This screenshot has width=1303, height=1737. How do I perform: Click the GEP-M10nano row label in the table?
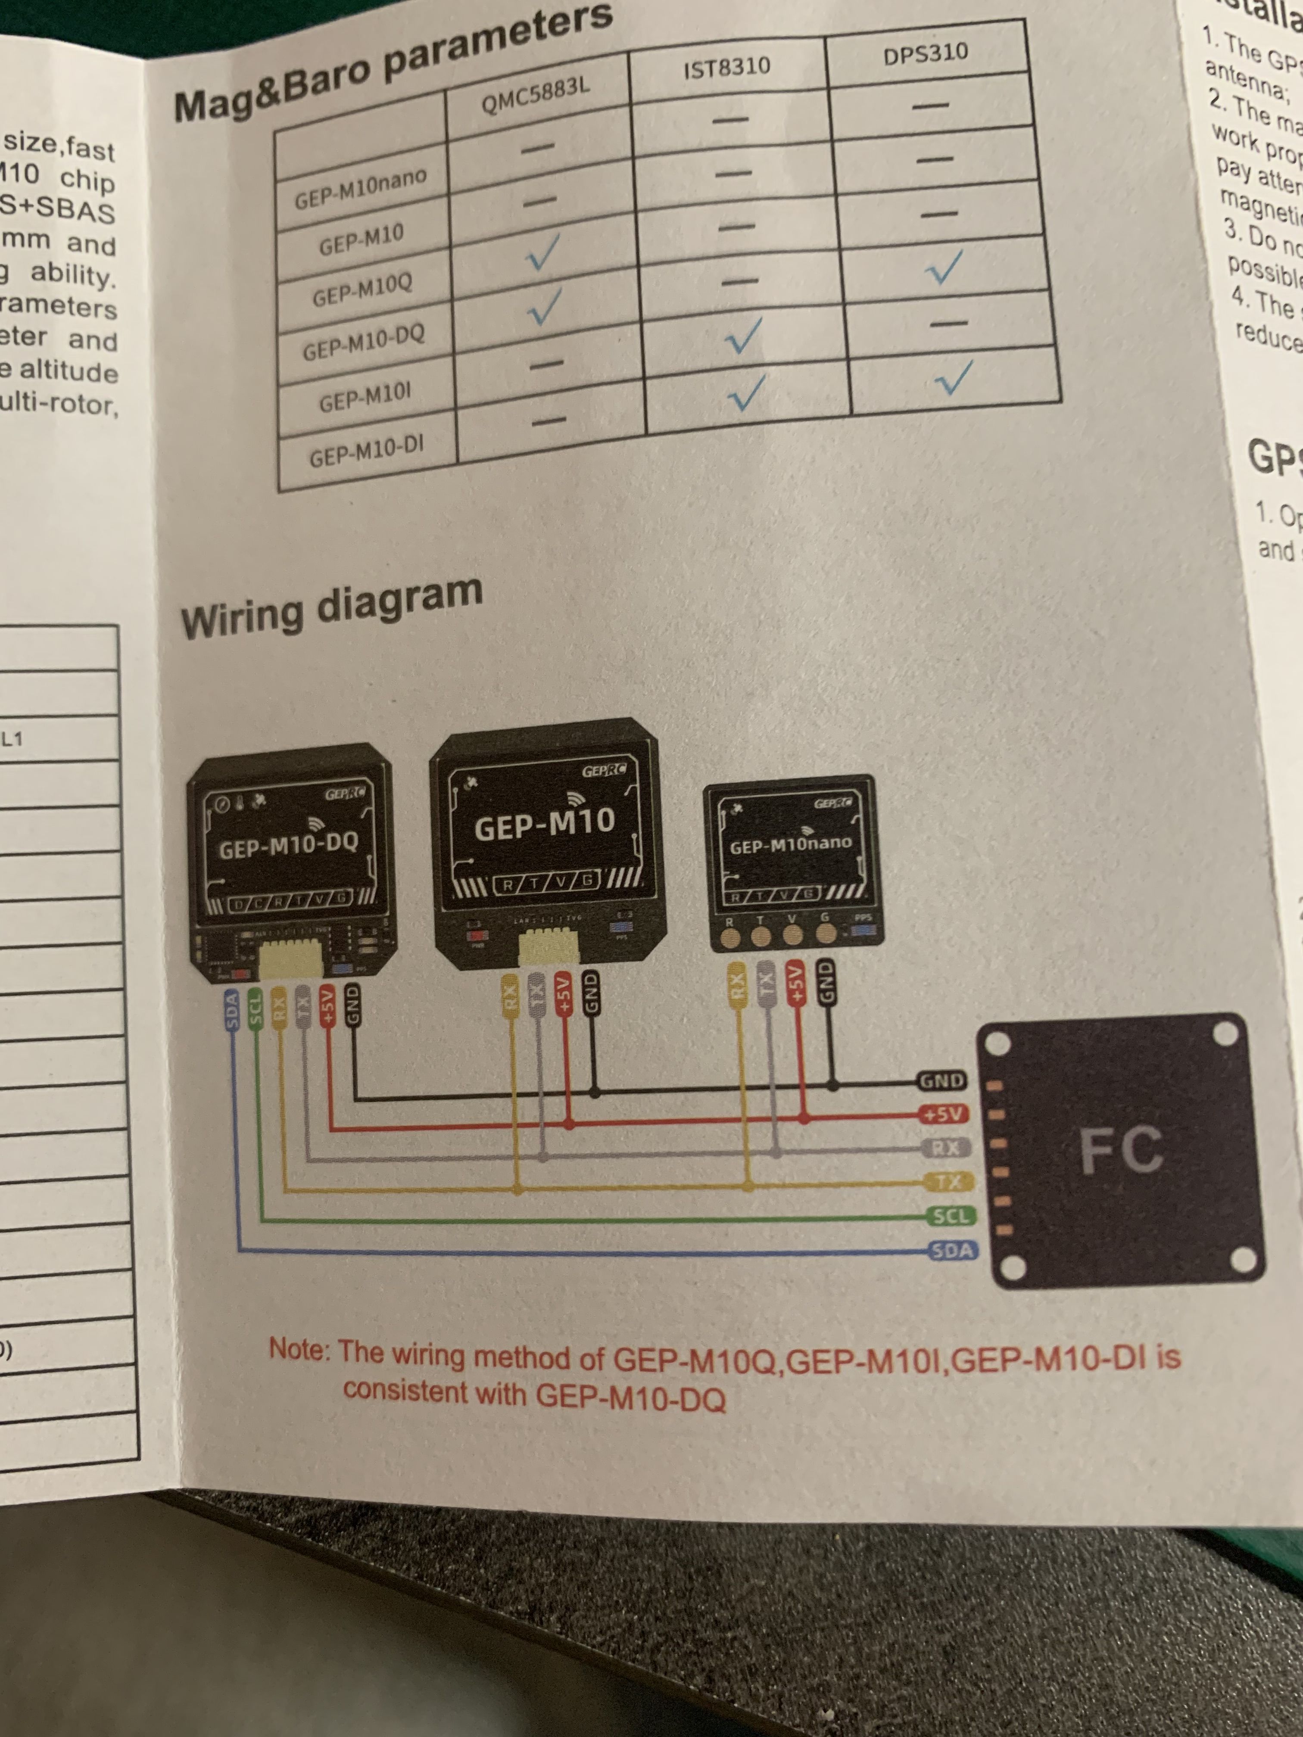(361, 188)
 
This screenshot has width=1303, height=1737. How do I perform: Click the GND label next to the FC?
(942, 1081)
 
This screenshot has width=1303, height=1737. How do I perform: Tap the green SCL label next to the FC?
(951, 1216)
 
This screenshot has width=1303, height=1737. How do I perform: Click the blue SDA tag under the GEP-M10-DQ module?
(231, 1011)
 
